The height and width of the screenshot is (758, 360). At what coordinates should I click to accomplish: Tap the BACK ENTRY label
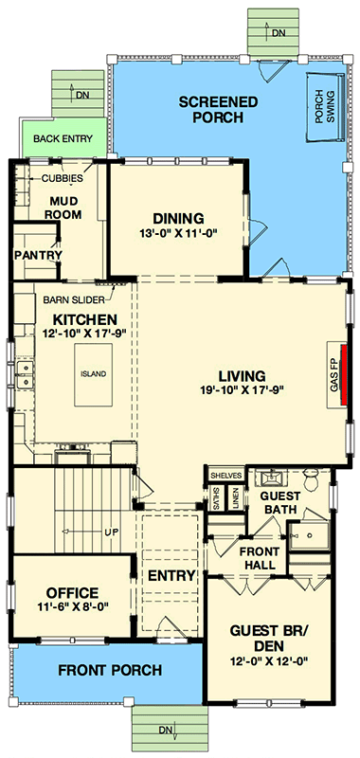(x=63, y=139)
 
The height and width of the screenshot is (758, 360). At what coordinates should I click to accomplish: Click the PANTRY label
(x=37, y=256)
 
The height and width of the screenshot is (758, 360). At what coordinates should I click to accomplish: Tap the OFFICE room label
(x=66, y=593)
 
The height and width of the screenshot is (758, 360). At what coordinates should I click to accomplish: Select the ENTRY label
(x=171, y=575)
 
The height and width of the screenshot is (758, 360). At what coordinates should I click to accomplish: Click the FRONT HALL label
(x=257, y=558)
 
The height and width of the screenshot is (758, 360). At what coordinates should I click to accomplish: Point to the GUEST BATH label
(x=279, y=502)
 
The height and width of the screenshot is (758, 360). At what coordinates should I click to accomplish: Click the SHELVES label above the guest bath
(x=227, y=475)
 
